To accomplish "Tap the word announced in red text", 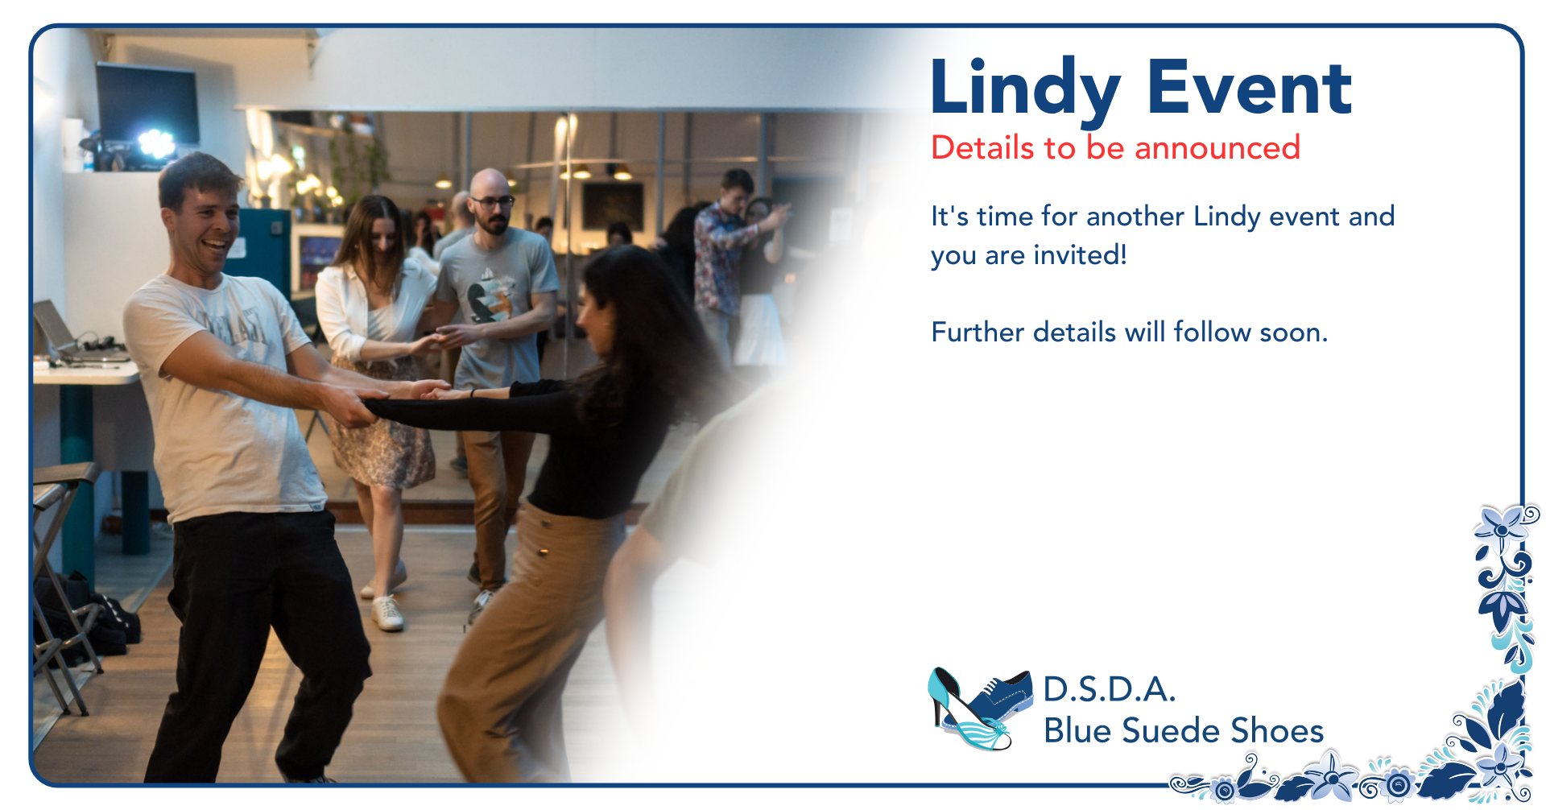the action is pyautogui.click(x=1217, y=148).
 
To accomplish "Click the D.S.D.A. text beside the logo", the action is pyautogui.click(x=1110, y=689).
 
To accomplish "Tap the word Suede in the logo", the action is pyautogui.click(x=1172, y=730).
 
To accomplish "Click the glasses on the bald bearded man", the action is pyautogui.click(x=492, y=201).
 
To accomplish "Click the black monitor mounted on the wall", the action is pyautogui.click(x=147, y=102).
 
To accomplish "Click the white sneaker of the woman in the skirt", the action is pyautogui.click(x=387, y=614).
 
